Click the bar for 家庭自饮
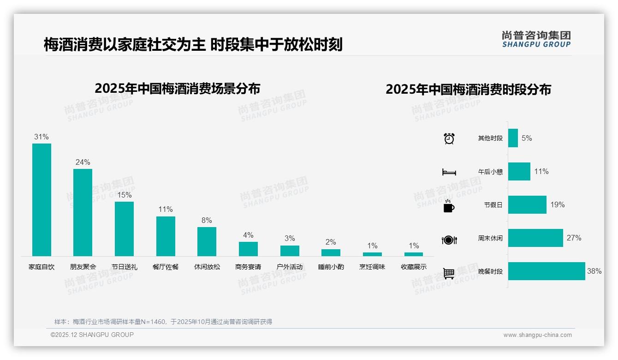click(x=42, y=199)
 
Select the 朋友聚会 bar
click(x=83, y=212)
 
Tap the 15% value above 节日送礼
click(x=125, y=195)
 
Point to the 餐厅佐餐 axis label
click(x=166, y=267)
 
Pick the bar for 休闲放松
click(x=207, y=241)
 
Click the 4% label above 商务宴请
click(x=248, y=235)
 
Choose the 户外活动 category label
click(x=290, y=267)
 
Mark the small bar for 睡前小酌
click(x=331, y=252)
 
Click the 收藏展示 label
click(x=414, y=267)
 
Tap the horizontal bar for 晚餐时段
click(x=547, y=271)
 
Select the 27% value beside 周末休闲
click(x=574, y=238)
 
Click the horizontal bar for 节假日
click(x=527, y=205)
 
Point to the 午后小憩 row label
click(x=490, y=172)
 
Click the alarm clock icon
click(x=449, y=138)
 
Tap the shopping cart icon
click(x=449, y=273)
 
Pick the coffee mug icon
click(x=449, y=206)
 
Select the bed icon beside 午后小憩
click(x=449, y=172)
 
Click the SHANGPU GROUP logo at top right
click(x=536, y=39)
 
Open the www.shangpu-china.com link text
click(x=537, y=335)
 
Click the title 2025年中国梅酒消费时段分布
click(x=468, y=90)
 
